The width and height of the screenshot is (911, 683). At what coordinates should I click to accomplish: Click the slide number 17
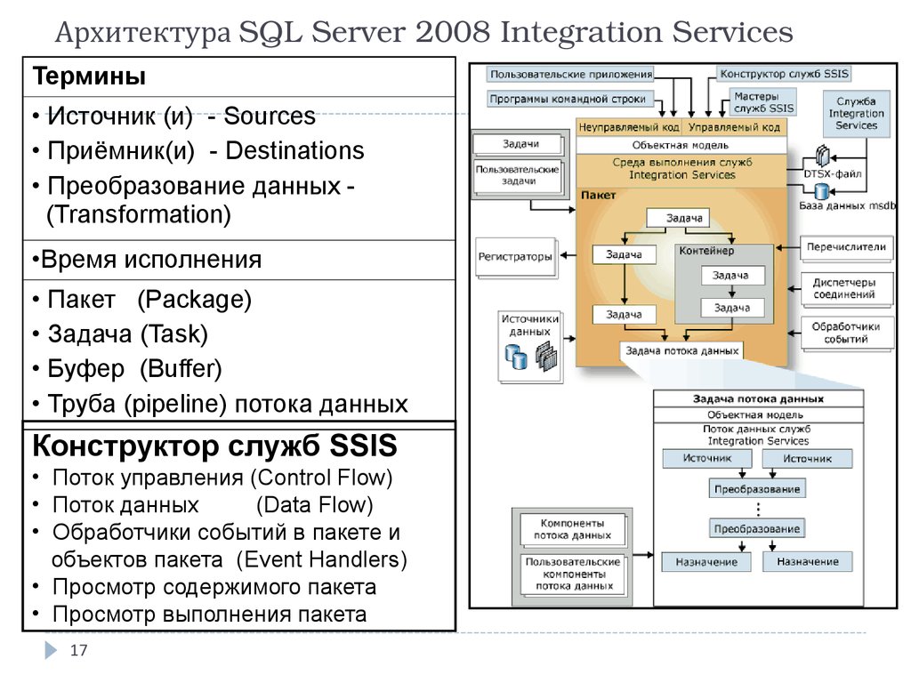point(78,651)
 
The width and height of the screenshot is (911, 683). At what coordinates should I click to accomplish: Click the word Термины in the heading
point(90,77)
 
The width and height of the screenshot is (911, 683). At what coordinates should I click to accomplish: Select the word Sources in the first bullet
point(270,117)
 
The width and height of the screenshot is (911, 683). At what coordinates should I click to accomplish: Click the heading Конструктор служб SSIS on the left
point(214,446)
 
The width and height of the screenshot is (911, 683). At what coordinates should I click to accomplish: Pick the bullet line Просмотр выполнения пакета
point(209,615)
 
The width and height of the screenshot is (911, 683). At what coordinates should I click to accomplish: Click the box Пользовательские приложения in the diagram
point(570,76)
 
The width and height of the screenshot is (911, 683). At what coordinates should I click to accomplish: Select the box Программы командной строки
point(570,99)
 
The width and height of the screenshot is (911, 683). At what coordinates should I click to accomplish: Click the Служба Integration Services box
point(856,114)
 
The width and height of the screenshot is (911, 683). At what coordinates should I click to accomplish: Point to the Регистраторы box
point(515,257)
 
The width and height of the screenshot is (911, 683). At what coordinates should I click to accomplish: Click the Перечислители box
point(844,246)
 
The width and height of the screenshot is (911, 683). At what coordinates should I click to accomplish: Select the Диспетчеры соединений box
point(844,288)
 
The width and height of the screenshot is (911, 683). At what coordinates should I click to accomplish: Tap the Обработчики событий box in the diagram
point(844,333)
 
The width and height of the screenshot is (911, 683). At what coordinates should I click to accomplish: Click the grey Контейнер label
point(706,252)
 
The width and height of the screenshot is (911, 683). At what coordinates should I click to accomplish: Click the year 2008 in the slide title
point(451,34)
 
